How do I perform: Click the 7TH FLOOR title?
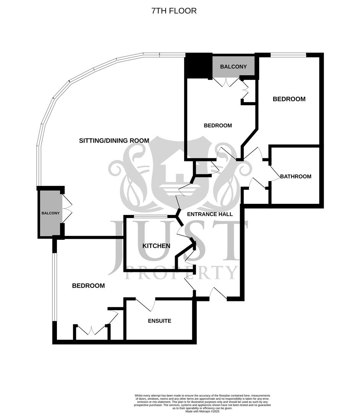pyautogui.click(x=174, y=11)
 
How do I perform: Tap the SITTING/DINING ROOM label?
pyautogui.click(x=114, y=140)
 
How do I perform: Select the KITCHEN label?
pyautogui.click(x=156, y=246)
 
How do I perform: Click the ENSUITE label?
pyautogui.click(x=159, y=321)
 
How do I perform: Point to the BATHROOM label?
pyautogui.click(x=295, y=176)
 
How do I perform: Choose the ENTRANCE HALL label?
pyautogui.click(x=210, y=214)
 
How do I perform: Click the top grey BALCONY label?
pyautogui.click(x=233, y=67)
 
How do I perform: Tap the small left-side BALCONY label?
pyautogui.click(x=50, y=213)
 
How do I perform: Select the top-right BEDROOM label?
pyautogui.click(x=289, y=99)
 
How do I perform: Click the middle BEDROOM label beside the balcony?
pyautogui.click(x=217, y=125)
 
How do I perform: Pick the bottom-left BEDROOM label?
pyautogui.click(x=88, y=286)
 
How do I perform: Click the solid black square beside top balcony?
pyautogui.click(x=198, y=66)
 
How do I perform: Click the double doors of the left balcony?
pyautogui.click(x=66, y=208)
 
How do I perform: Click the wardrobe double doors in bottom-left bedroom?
pyautogui.click(x=92, y=330)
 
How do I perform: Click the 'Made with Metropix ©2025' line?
pyautogui.click(x=203, y=411)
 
